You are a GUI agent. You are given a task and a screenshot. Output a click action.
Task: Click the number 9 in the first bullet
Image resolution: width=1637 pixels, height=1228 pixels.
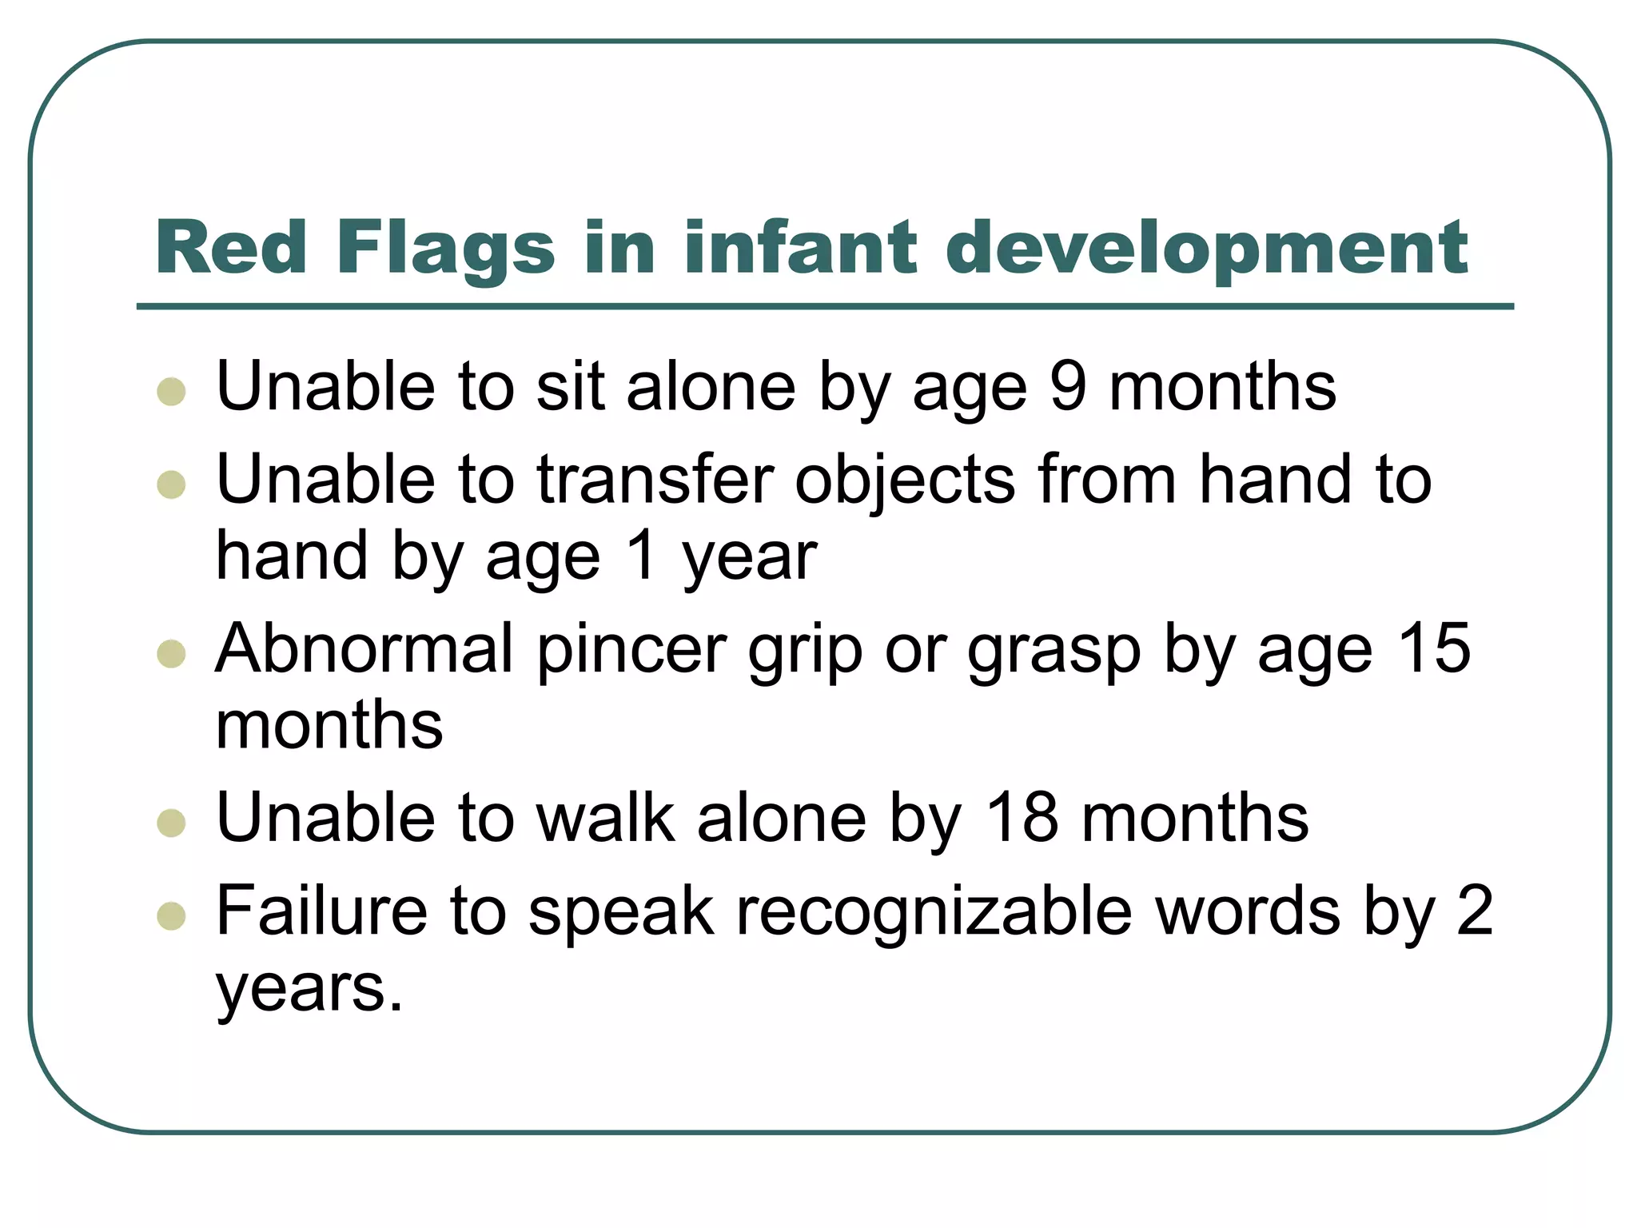click(1069, 387)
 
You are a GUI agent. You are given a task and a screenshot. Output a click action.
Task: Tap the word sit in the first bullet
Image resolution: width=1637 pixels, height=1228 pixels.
click(570, 387)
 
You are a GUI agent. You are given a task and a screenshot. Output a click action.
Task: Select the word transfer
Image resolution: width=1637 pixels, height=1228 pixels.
click(655, 480)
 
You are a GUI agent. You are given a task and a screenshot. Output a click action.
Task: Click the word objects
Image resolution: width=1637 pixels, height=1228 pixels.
click(905, 480)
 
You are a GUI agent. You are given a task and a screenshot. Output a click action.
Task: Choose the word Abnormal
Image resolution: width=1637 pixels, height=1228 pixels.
click(364, 648)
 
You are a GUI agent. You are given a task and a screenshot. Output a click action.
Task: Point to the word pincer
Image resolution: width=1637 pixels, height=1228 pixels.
click(631, 648)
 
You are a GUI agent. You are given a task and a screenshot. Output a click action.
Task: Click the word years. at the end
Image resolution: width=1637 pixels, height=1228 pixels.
click(309, 988)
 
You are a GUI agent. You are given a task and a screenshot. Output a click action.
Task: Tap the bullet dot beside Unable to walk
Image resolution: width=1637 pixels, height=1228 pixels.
click(172, 823)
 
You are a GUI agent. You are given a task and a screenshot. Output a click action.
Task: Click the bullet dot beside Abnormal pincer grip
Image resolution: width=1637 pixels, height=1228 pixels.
click(172, 653)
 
